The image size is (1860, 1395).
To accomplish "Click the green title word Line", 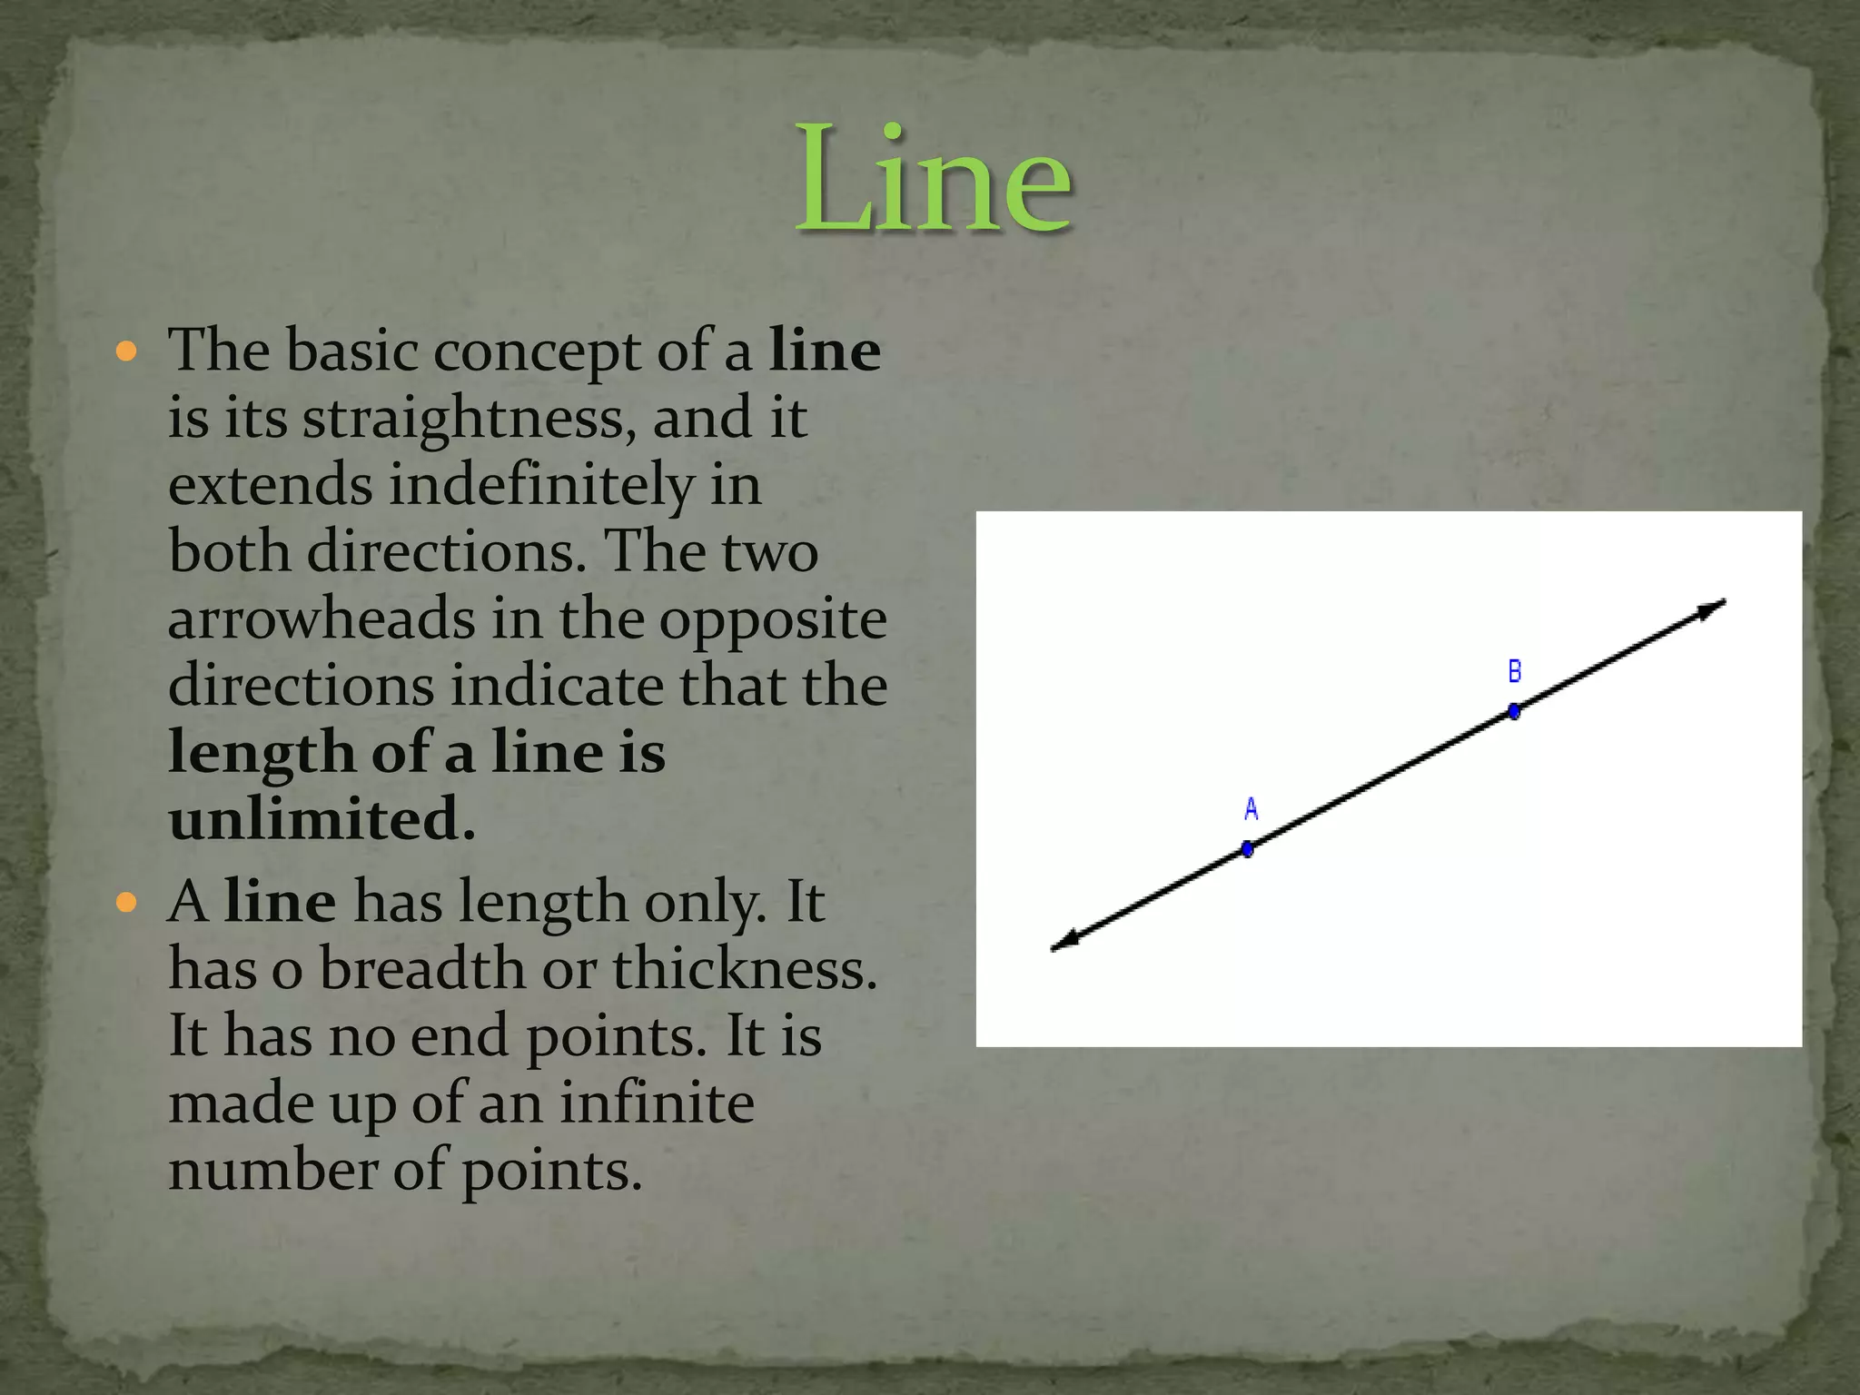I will click(x=934, y=180).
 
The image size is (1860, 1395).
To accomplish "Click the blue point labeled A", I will click(x=1248, y=849).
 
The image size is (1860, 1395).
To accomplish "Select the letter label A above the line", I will click(x=1251, y=808).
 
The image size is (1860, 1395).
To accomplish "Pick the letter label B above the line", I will click(x=1515, y=672).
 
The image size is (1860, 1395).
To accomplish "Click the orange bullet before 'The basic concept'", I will click(x=127, y=351).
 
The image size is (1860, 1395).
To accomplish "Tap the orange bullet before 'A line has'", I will click(x=127, y=902).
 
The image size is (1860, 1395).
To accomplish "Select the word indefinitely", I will click(x=541, y=486).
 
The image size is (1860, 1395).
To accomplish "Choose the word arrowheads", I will click(x=322, y=619).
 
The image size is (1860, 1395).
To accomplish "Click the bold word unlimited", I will click(x=322, y=819).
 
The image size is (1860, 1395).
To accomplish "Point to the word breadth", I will click(x=422, y=969).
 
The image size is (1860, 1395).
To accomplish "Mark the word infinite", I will click(x=657, y=1103).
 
